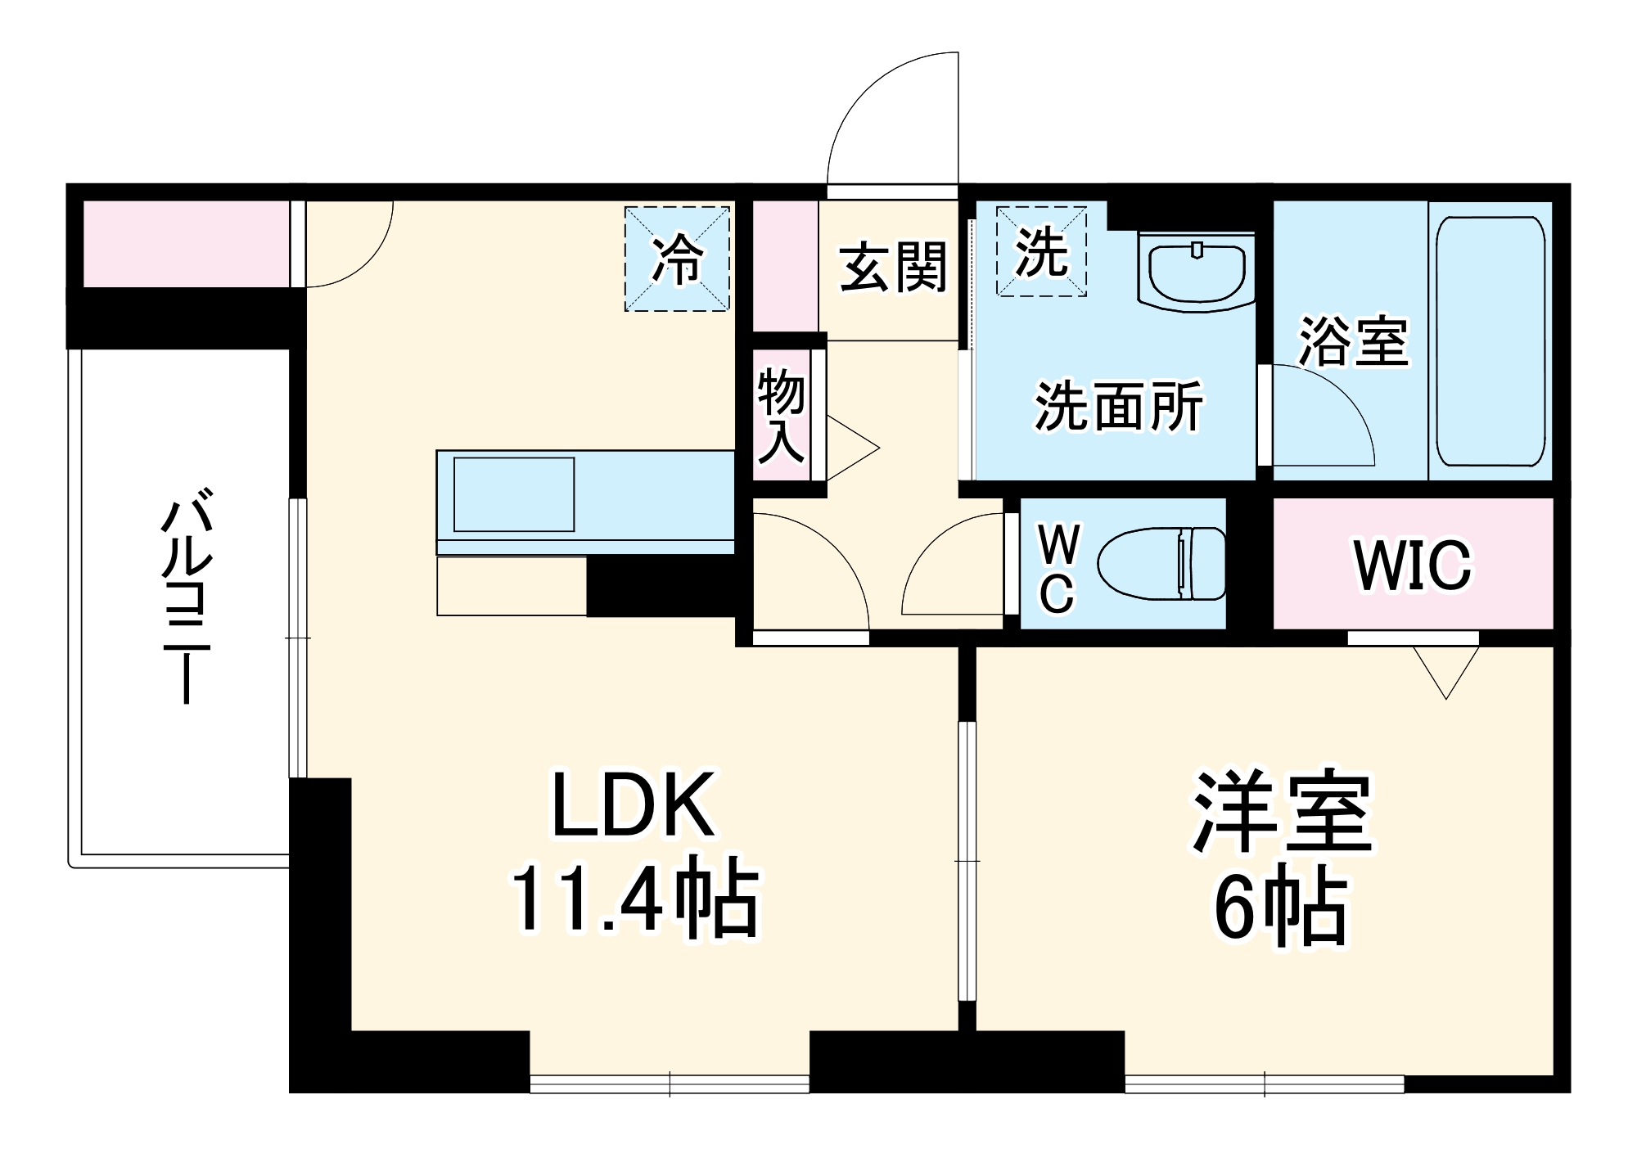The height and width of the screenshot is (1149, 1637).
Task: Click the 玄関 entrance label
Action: pos(893,267)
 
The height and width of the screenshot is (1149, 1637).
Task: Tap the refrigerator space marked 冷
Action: pos(677,259)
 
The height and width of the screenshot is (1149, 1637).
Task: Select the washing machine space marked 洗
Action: pos(1041,251)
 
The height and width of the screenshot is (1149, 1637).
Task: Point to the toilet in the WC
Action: pos(1162,563)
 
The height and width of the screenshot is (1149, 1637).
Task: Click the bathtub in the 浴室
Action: pos(1490,341)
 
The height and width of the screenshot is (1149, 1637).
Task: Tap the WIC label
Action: pos(1412,565)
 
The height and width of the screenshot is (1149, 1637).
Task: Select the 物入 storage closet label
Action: pos(780,415)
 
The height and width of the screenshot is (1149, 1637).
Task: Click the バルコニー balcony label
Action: pos(187,595)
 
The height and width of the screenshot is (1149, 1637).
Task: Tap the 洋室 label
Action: pos(1282,813)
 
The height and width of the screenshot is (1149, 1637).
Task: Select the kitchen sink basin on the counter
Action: pos(513,494)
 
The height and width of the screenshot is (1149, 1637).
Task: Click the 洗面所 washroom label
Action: pos(1118,406)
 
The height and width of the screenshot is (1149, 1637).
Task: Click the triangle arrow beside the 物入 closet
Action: pos(851,448)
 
